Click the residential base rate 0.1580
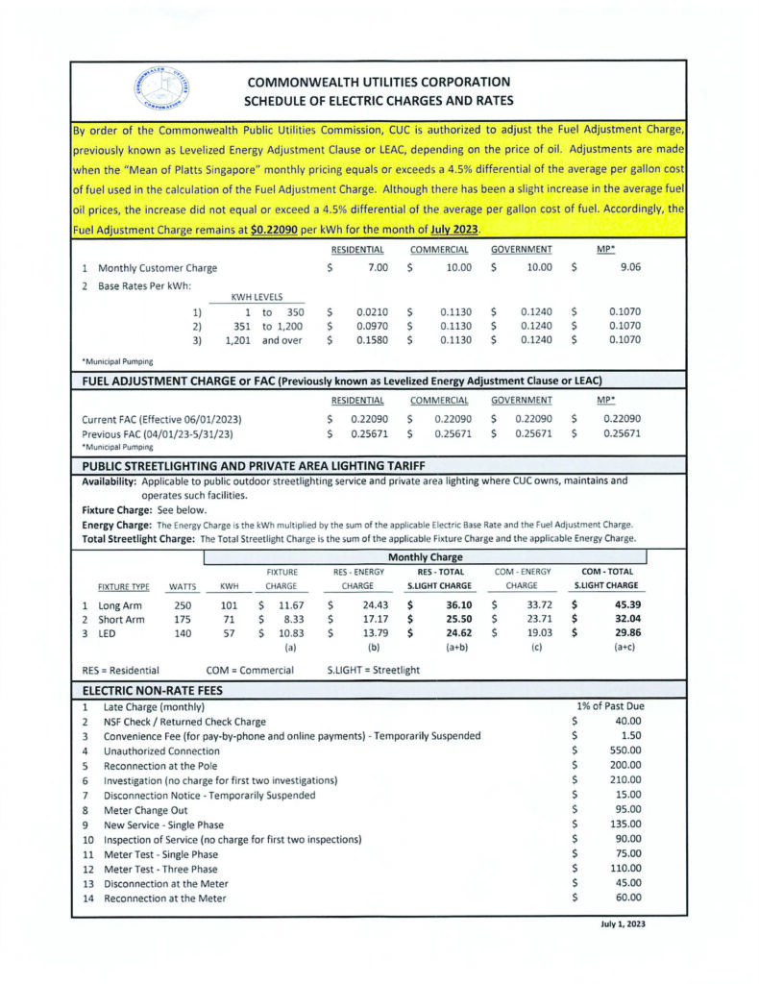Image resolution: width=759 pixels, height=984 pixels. coord(372,339)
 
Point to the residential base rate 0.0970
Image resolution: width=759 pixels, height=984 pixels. coord(372,326)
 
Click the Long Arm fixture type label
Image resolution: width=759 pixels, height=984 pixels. coord(121,605)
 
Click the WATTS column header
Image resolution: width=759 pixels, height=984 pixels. coord(183,585)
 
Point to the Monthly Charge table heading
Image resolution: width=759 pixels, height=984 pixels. coord(425,557)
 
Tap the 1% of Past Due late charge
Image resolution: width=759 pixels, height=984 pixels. coord(608,706)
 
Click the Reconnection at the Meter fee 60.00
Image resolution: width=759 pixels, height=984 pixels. coord(624,898)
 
